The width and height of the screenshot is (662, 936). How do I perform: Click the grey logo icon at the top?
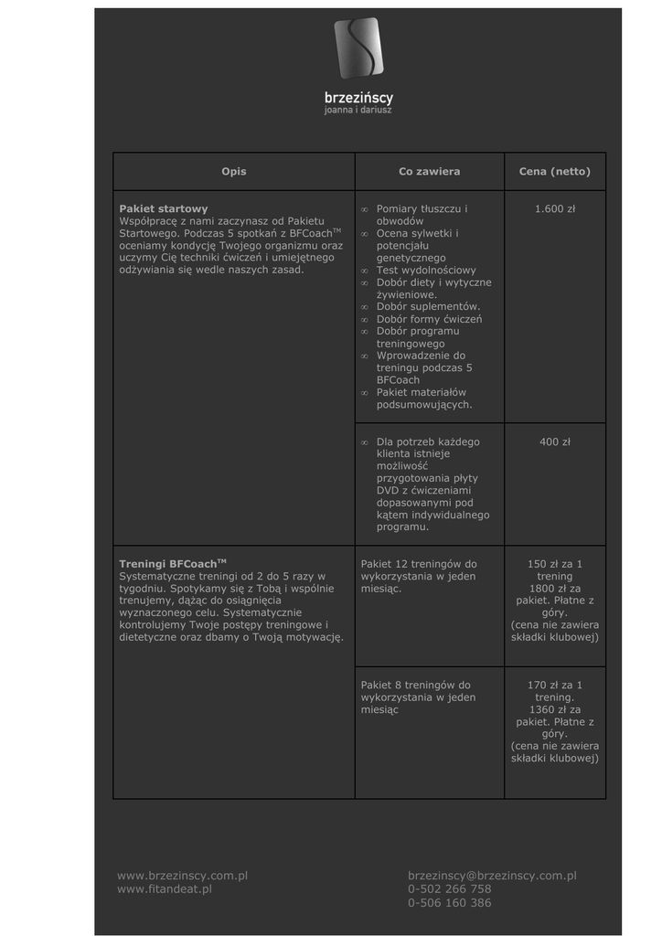pyautogui.click(x=358, y=48)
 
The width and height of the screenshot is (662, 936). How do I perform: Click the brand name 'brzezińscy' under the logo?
pyautogui.click(x=358, y=97)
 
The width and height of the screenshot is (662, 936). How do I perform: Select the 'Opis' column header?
pyautogui.click(x=234, y=172)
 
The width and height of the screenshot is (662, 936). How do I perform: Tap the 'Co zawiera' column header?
pyautogui.click(x=429, y=172)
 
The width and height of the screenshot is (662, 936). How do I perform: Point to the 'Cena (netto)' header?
pyautogui.click(x=555, y=172)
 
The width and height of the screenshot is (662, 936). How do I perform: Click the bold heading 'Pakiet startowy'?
pyautogui.click(x=164, y=209)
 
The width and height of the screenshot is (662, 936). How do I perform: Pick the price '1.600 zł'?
pyautogui.click(x=555, y=209)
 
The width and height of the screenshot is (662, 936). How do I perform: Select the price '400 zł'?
pyautogui.click(x=555, y=442)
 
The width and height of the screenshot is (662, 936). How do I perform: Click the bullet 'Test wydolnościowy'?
pyautogui.click(x=426, y=271)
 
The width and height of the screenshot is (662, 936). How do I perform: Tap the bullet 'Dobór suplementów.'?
pyautogui.click(x=428, y=307)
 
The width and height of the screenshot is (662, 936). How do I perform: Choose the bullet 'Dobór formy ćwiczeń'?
pyautogui.click(x=429, y=320)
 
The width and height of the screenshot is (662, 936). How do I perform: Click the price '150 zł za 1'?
pyautogui.click(x=555, y=564)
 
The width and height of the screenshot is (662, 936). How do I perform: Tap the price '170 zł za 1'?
pyautogui.click(x=555, y=685)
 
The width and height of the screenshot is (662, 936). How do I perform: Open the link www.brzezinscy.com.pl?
pyautogui.click(x=183, y=876)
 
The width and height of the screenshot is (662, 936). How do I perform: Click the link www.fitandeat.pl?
pyautogui.click(x=165, y=888)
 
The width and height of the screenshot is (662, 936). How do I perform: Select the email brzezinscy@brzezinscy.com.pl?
pyautogui.click(x=492, y=876)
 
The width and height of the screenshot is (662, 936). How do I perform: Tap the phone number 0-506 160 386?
pyautogui.click(x=449, y=903)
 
